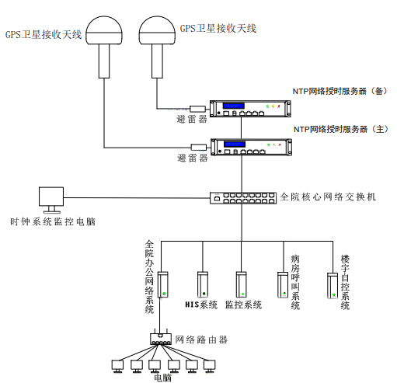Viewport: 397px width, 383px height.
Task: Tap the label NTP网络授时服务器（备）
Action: (339, 91)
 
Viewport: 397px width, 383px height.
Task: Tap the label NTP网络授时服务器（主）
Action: (339, 129)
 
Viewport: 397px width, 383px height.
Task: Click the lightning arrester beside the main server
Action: (198, 145)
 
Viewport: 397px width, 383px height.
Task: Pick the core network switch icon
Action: (241, 197)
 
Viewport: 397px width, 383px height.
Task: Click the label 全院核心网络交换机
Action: (328, 197)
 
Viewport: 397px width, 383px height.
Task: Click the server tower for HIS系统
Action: (203, 284)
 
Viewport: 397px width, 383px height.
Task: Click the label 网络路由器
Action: (202, 339)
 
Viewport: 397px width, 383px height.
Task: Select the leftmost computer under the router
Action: (118, 364)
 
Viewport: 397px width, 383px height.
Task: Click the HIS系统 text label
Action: (201, 305)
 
